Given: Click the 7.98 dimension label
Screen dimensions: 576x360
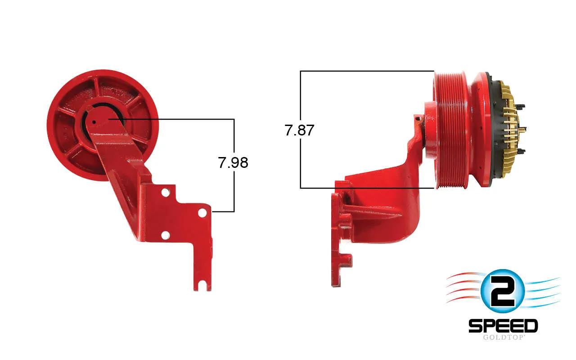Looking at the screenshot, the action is click(x=233, y=162).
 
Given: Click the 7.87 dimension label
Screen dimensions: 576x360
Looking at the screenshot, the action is click(x=299, y=130).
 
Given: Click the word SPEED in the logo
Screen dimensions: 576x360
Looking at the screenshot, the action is click(x=503, y=326).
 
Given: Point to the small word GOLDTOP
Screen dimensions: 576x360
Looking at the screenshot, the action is click(x=503, y=337).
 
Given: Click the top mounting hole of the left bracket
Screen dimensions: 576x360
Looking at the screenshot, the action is click(x=166, y=192).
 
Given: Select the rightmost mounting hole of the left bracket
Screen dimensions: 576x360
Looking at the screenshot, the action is click(x=202, y=213).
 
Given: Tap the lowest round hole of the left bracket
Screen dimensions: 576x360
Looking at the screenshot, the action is click(x=165, y=235).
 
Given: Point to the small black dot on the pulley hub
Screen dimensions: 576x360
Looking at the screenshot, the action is click(x=94, y=122).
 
